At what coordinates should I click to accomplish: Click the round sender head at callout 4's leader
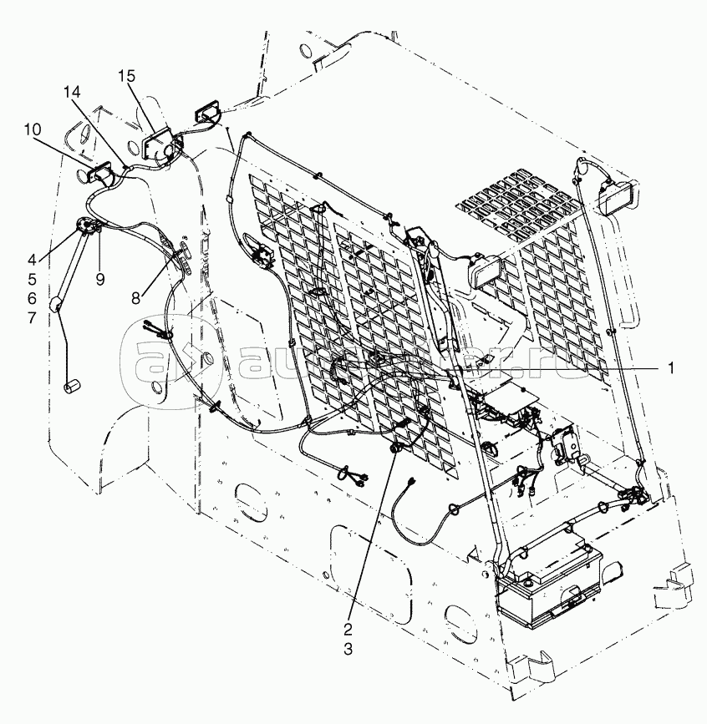[x=85, y=225]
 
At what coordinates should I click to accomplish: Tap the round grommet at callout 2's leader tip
[x=392, y=448]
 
